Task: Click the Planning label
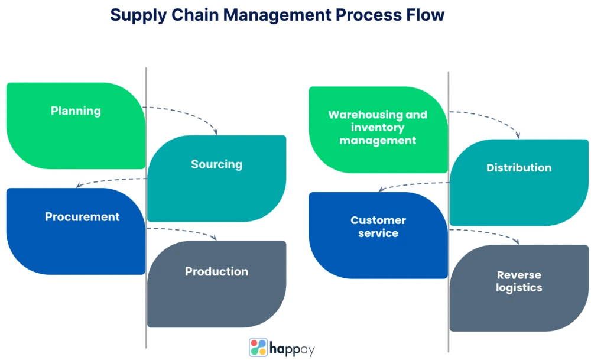76,111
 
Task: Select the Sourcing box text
216,164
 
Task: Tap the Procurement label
82,217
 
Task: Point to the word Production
216,272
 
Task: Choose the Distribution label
518,168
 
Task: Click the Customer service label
378,226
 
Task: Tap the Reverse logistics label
519,281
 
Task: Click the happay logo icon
258,347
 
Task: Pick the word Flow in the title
424,15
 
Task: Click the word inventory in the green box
378,128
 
